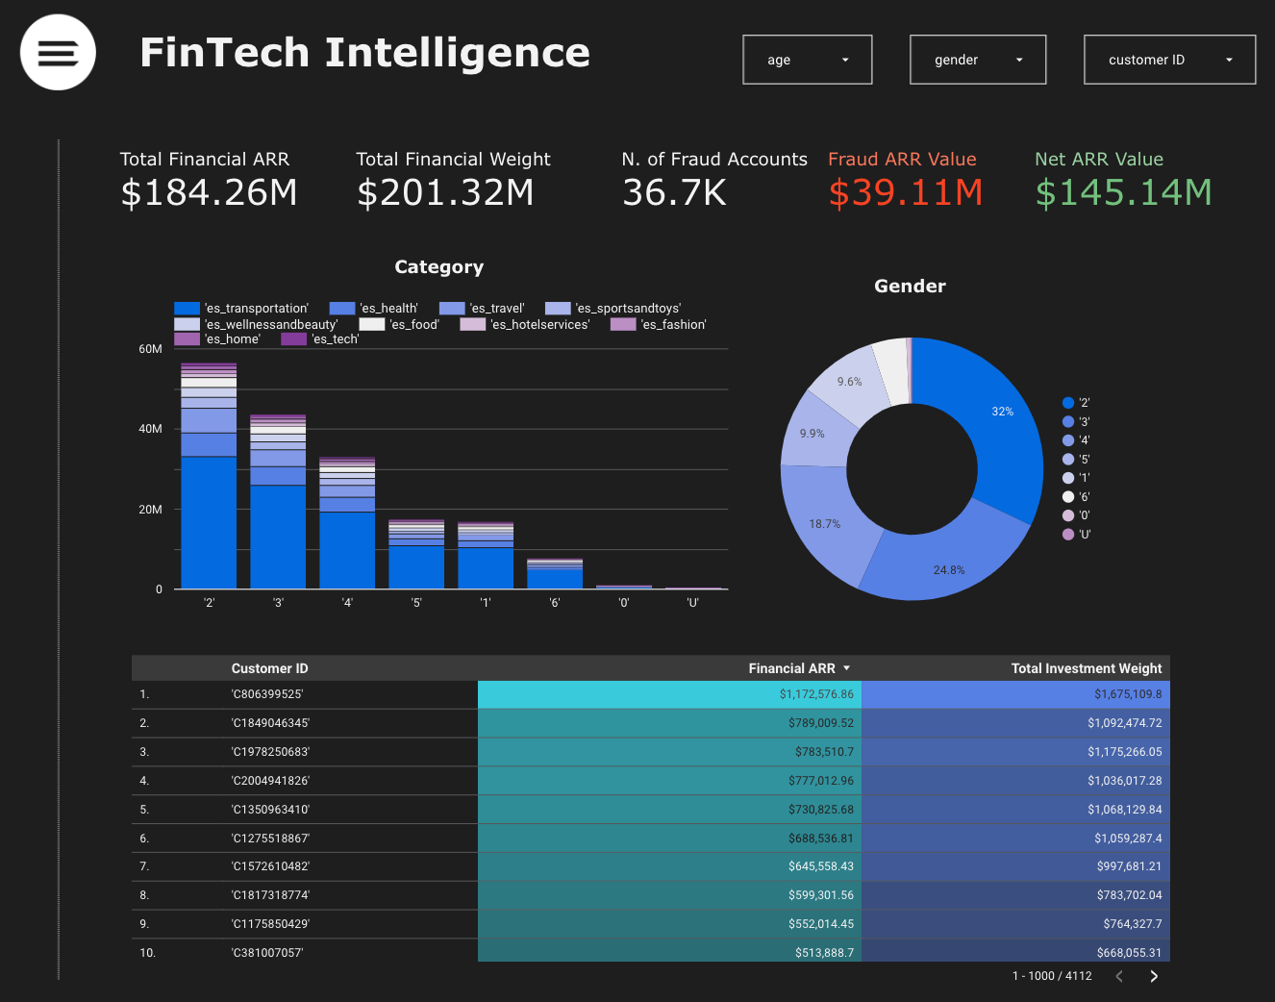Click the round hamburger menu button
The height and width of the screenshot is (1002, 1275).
58,53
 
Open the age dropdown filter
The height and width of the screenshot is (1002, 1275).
807,60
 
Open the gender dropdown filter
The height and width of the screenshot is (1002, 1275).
977,60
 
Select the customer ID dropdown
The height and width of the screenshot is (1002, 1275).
1169,60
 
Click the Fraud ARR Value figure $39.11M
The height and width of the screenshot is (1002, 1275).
905,193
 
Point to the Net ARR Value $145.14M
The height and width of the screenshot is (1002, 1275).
1123,193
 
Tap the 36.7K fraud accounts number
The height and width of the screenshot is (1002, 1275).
674,193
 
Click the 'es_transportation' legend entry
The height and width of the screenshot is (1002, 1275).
242,309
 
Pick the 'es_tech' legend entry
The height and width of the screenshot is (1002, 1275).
321,339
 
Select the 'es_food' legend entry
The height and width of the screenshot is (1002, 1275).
400,325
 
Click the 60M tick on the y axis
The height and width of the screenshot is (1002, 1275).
150,349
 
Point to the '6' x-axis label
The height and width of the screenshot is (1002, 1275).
555,603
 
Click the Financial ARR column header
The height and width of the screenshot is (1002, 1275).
791,668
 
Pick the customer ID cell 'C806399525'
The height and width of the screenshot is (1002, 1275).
270,694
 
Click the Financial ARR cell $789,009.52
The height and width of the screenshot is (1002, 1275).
820,723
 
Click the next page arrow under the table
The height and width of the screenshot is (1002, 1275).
1154,976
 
